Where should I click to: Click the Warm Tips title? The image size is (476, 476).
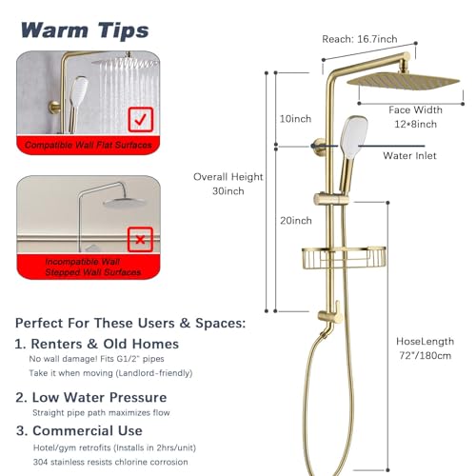coord(85,30)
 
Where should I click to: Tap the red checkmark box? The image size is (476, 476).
coord(141,120)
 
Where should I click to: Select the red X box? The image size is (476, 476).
coord(140,240)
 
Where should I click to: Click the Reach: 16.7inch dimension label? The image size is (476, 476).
coord(360,39)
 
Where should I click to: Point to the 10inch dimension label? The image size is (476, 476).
coord(295,119)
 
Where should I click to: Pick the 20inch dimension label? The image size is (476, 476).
coord(296,221)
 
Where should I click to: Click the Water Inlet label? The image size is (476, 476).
coord(409,155)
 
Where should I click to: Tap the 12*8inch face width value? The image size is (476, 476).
coord(415,124)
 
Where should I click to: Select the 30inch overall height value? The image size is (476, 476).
coord(228,191)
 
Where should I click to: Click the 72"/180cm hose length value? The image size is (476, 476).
coord(425,355)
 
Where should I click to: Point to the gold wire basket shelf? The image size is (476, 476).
coord(344,258)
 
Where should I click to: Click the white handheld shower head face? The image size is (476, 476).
coord(354,137)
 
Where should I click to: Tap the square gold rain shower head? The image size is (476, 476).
coord(404,81)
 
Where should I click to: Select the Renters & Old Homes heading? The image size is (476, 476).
coord(97,344)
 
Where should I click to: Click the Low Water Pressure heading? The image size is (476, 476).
coord(91,397)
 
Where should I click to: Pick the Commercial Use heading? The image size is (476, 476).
coord(79,430)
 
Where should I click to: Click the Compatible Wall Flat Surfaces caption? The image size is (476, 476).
coord(89,145)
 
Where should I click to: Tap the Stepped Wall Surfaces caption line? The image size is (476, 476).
coord(92,272)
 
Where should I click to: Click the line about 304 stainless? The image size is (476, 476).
coord(110,462)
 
